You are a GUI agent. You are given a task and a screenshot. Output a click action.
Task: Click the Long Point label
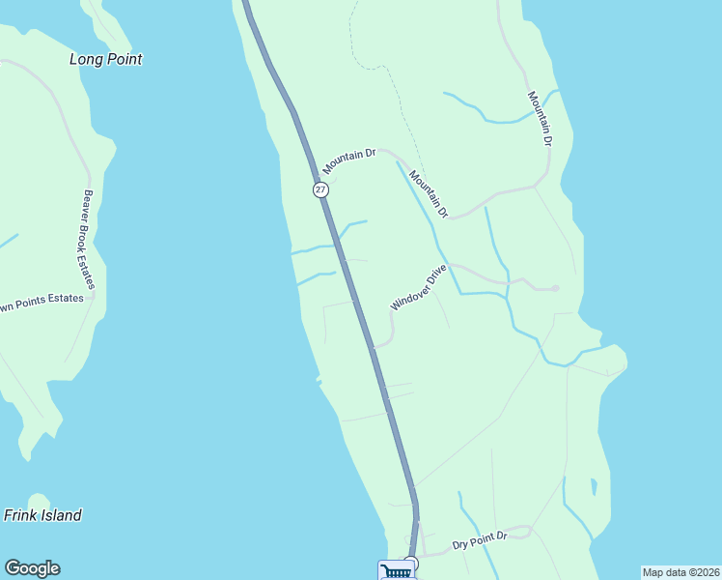(x=105, y=59)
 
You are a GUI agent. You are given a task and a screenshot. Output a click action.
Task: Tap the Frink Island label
(x=42, y=515)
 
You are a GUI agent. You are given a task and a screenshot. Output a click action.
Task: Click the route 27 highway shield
(x=320, y=189)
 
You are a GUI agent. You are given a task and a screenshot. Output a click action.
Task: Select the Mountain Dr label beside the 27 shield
(x=349, y=161)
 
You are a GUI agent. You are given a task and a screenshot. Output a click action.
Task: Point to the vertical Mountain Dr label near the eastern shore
(x=541, y=119)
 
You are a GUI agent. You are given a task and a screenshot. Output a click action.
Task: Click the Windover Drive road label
(x=419, y=287)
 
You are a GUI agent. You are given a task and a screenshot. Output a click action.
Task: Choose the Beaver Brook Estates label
(x=88, y=239)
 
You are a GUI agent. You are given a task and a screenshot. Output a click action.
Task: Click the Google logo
(x=32, y=568)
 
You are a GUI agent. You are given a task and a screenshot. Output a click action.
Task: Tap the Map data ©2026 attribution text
(x=680, y=572)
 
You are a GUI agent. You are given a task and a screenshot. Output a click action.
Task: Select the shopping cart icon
(x=396, y=571)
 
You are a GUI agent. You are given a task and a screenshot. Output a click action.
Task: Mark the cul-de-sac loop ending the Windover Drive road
(x=555, y=288)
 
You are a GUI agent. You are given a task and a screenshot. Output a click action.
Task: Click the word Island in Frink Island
(x=62, y=515)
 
